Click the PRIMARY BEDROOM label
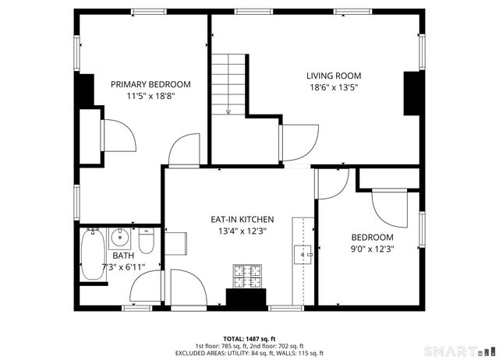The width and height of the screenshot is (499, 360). (x=150, y=84)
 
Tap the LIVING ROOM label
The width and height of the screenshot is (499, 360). (x=333, y=76)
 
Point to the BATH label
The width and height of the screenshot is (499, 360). (x=122, y=256)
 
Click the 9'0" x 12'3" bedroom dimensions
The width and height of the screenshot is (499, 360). (x=372, y=249)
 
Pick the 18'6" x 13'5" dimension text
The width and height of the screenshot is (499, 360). (x=333, y=88)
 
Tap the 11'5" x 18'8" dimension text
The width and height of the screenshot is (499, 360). (x=150, y=97)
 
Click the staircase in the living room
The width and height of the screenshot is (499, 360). (x=229, y=82)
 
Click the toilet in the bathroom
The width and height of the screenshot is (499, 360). (x=149, y=238)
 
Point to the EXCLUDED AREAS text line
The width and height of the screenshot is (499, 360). (x=249, y=353)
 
